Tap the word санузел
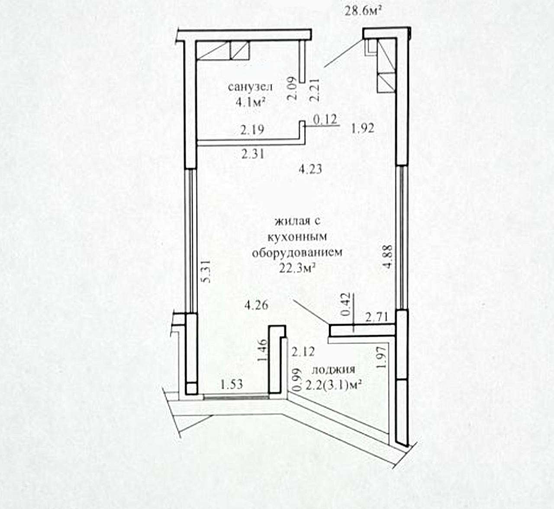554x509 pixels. pyautogui.click(x=250, y=87)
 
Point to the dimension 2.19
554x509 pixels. pyautogui.click(x=252, y=129)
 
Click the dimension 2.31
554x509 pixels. pyautogui.click(x=253, y=154)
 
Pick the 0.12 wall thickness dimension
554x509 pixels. pyautogui.click(x=325, y=119)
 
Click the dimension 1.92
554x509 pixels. pyautogui.click(x=363, y=129)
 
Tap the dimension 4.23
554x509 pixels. pyautogui.click(x=310, y=169)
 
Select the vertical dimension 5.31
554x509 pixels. pyautogui.click(x=206, y=271)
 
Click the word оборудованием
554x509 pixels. pyautogui.click(x=297, y=253)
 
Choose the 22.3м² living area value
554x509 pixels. pyautogui.click(x=297, y=268)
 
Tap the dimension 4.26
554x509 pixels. pyautogui.click(x=256, y=306)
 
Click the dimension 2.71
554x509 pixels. pyautogui.click(x=377, y=317)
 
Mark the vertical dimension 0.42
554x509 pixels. pyautogui.click(x=345, y=304)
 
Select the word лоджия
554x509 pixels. pyautogui.click(x=333, y=370)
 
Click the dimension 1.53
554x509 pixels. pyautogui.click(x=232, y=384)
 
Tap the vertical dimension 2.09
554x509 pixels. pyautogui.click(x=292, y=88)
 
